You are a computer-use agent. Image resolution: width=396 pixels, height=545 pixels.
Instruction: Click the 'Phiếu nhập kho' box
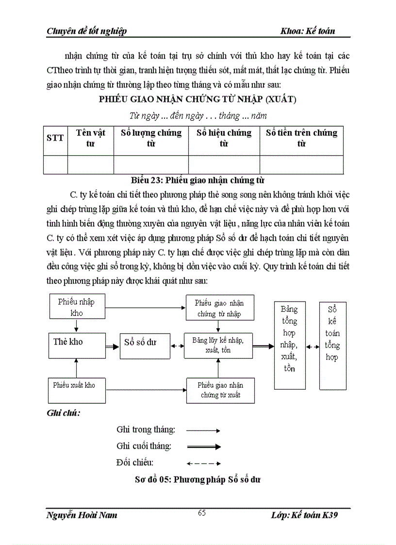pos(77,307)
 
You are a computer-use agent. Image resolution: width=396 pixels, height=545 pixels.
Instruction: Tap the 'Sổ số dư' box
pos(145,346)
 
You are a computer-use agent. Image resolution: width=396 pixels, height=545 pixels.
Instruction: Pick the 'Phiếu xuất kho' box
pos(77,390)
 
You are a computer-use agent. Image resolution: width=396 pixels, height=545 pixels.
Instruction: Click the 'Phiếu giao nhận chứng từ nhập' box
pos(219,308)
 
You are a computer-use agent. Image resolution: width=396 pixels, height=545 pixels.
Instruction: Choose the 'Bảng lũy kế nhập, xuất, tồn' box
pos(218,345)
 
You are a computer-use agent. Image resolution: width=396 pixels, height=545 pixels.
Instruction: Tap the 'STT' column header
pos(55,138)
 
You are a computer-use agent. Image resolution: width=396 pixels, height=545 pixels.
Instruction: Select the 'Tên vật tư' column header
pos(91,138)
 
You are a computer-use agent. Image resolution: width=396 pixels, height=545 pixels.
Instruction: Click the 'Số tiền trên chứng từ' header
pos(301,138)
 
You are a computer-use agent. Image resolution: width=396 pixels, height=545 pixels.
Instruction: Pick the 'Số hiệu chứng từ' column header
pos(224,138)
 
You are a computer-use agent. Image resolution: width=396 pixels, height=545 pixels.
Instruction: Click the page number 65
pos(202,513)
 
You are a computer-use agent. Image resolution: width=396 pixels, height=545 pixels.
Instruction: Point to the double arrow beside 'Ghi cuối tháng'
pos(204,446)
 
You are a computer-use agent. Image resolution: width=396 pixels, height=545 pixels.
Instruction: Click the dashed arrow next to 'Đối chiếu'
pos(204,463)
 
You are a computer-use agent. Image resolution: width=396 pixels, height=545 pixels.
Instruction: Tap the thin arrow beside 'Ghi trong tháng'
pos(204,430)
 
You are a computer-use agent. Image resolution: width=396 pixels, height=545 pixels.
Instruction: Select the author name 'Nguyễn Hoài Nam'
pos(82,515)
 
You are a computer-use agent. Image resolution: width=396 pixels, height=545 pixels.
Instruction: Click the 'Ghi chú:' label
pos(64,413)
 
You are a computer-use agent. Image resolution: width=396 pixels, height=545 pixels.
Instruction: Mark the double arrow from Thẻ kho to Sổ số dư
pos(113,346)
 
